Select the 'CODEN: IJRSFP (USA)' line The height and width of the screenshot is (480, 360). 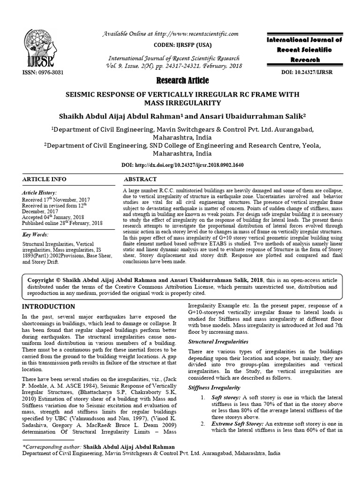180,45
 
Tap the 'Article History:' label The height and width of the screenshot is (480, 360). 40,193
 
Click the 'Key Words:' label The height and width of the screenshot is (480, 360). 36,234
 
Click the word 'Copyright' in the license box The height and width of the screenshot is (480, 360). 43,279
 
